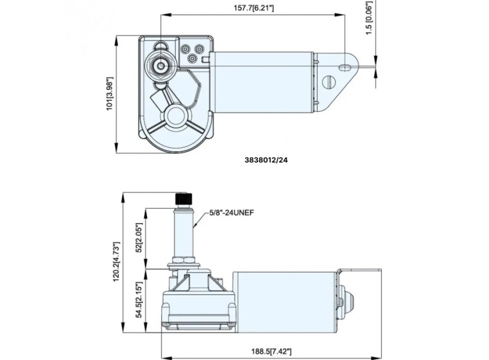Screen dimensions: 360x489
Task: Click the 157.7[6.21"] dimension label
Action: point(253,8)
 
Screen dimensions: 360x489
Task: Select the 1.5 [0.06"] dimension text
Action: point(368,18)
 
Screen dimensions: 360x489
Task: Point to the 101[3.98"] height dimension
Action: point(109,94)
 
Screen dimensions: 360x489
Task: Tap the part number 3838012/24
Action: point(266,160)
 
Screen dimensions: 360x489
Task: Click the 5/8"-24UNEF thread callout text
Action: point(233,212)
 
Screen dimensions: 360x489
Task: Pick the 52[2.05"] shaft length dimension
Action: point(137,238)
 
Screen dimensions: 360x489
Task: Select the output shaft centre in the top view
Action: point(162,66)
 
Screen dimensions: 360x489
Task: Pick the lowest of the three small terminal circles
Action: point(192,59)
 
